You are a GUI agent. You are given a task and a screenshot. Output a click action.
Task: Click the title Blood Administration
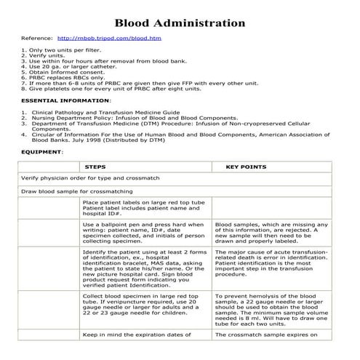(180, 23)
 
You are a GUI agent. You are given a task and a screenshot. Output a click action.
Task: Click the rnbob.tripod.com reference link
(108, 37)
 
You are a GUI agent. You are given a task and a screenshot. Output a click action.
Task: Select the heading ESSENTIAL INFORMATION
(55, 100)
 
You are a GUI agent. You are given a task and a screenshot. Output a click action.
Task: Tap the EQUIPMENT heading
(41, 152)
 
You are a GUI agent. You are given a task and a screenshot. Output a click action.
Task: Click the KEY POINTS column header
(247, 167)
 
